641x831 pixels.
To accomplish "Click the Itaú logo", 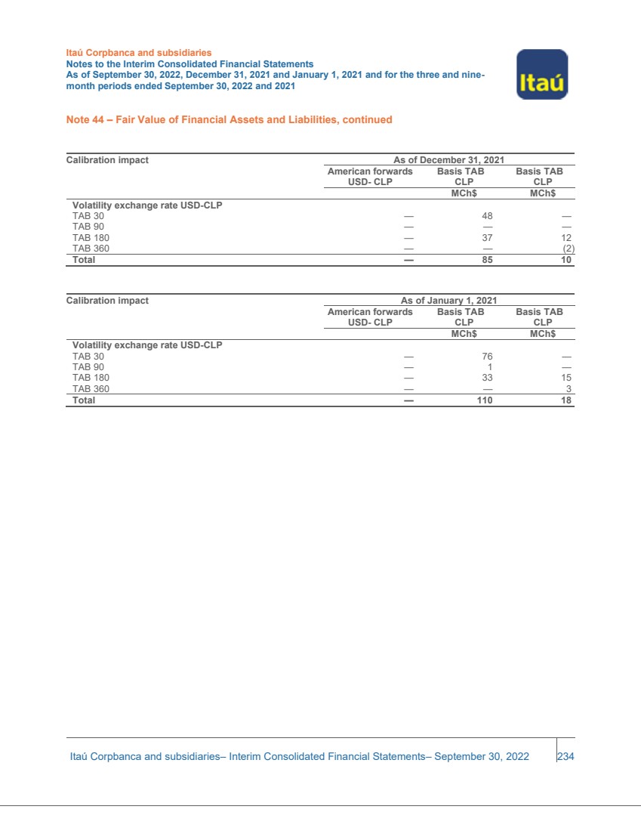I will click(542, 74).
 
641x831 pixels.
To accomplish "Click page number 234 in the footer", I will click(565, 756).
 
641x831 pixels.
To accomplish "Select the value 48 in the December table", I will click(487, 216).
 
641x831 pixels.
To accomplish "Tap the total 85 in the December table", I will click(487, 260).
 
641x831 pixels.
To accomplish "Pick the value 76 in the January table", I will click(487, 357).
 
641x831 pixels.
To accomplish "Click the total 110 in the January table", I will click(484, 400).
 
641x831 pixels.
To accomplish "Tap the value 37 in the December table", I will click(487, 238).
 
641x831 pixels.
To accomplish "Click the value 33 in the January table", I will click(487, 378).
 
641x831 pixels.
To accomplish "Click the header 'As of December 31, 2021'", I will click(448, 160).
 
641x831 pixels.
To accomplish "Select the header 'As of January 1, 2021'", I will click(448, 301).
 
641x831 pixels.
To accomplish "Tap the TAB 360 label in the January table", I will click(91, 389).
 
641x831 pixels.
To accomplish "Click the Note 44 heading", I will click(229, 119).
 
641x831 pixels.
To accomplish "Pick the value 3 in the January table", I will click(569, 389).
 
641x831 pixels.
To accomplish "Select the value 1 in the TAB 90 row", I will click(490, 368).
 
